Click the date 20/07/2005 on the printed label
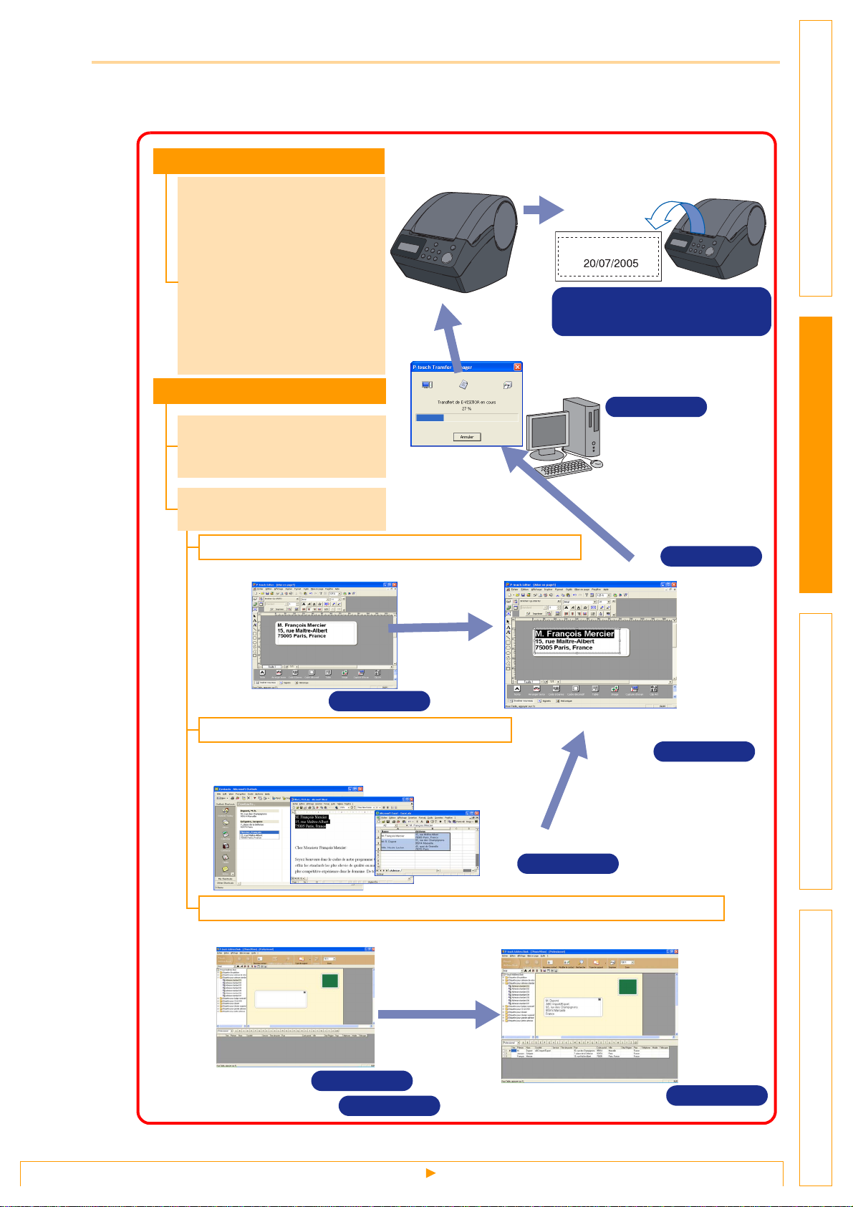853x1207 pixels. coord(610,263)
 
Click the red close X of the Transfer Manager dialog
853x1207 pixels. coord(518,367)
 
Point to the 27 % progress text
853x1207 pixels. coord(466,408)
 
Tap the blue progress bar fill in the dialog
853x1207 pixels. coord(430,418)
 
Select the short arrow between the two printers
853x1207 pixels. coord(543,210)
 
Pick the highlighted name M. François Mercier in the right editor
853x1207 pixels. coord(574,633)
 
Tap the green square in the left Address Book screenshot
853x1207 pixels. coord(329,981)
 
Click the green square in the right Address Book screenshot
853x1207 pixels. coord(627,987)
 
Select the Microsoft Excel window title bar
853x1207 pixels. coord(427,813)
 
